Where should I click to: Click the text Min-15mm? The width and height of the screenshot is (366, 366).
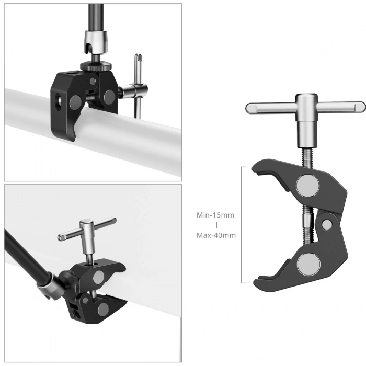(x=216, y=215)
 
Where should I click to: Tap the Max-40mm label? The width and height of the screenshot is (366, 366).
(x=216, y=235)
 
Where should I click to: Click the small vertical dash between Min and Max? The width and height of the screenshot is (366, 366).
(x=216, y=225)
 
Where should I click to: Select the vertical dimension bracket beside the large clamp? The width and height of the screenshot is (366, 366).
(x=243, y=225)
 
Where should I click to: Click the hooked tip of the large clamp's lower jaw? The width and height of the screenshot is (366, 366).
(x=260, y=285)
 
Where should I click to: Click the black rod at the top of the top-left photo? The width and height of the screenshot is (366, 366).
(x=96, y=16)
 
